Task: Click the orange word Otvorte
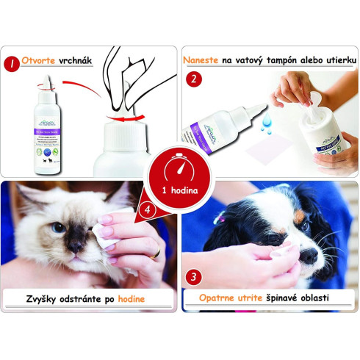tap(42, 61)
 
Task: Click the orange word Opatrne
tap(223, 299)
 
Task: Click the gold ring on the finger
tap(155, 253)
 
